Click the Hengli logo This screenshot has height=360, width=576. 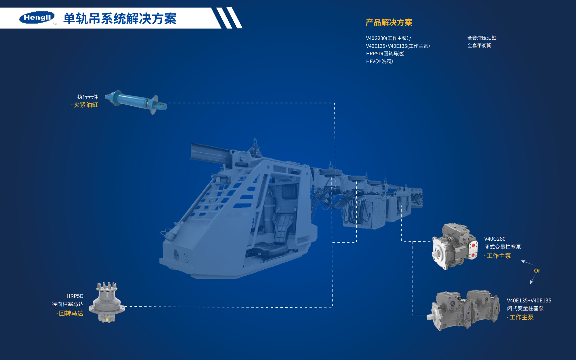pos(37,18)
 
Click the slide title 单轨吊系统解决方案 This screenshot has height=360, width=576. pos(120,19)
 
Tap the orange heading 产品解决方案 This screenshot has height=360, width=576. pos(389,22)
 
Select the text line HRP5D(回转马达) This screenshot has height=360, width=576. pos(385,53)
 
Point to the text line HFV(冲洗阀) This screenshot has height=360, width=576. pos(379,61)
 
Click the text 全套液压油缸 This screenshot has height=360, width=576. pos(482,38)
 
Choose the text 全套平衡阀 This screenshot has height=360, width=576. pos(479,45)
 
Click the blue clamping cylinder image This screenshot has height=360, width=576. pos(136,102)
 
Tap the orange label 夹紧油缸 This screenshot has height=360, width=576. pos(86,105)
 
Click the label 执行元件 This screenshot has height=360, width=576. pos(88,97)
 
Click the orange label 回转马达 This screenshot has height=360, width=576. pos(71,313)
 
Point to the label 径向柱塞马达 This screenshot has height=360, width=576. pos(68,304)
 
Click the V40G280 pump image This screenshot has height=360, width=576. pos(455,246)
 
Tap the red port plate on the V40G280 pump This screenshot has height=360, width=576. pos(473,250)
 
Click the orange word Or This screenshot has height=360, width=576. pos(537,271)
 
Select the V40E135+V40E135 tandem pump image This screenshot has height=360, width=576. pos(464,310)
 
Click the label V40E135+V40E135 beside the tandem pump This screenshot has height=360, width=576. pos(529,300)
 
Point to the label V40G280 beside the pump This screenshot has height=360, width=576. pos(495,239)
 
